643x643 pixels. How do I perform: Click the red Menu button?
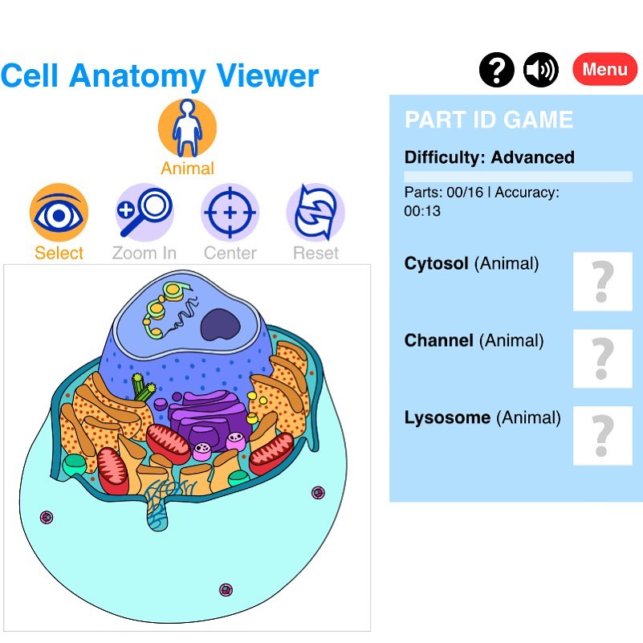(x=604, y=69)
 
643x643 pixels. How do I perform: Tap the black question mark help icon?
(x=497, y=70)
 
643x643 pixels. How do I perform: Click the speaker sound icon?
(x=541, y=70)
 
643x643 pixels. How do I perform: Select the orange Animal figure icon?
(x=187, y=128)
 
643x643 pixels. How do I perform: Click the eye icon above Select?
(x=59, y=213)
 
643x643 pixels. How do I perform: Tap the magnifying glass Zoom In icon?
(x=144, y=213)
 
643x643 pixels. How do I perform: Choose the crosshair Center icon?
(x=230, y=213)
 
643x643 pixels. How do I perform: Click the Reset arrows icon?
(x=315, y=213)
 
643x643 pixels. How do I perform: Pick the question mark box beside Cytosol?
(x=602, y=281)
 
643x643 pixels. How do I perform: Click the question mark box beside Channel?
(x=602, y=358)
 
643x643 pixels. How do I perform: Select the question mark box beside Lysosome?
(x=602, y=436)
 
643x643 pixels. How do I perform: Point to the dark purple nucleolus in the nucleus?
(x=220, y=324)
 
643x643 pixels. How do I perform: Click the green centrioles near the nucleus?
(x=143, y=387)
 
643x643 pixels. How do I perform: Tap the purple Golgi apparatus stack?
(x=210, y=418)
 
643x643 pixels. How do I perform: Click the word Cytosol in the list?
(x=437, y=263)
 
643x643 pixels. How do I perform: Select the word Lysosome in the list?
(x=447, y=418)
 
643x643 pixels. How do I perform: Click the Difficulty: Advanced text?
(x=489, y=157)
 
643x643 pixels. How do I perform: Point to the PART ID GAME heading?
(x=489, y=120)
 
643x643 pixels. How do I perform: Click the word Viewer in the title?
(x=267, y=76)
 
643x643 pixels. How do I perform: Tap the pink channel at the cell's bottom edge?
(x=226, y=590)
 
